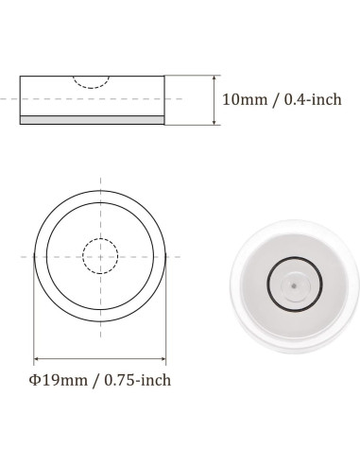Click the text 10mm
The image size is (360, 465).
[243, 99]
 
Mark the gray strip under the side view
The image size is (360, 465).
[93, 120]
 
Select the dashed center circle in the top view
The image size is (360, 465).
[100, 254]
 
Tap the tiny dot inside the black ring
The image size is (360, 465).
[294, 282]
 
